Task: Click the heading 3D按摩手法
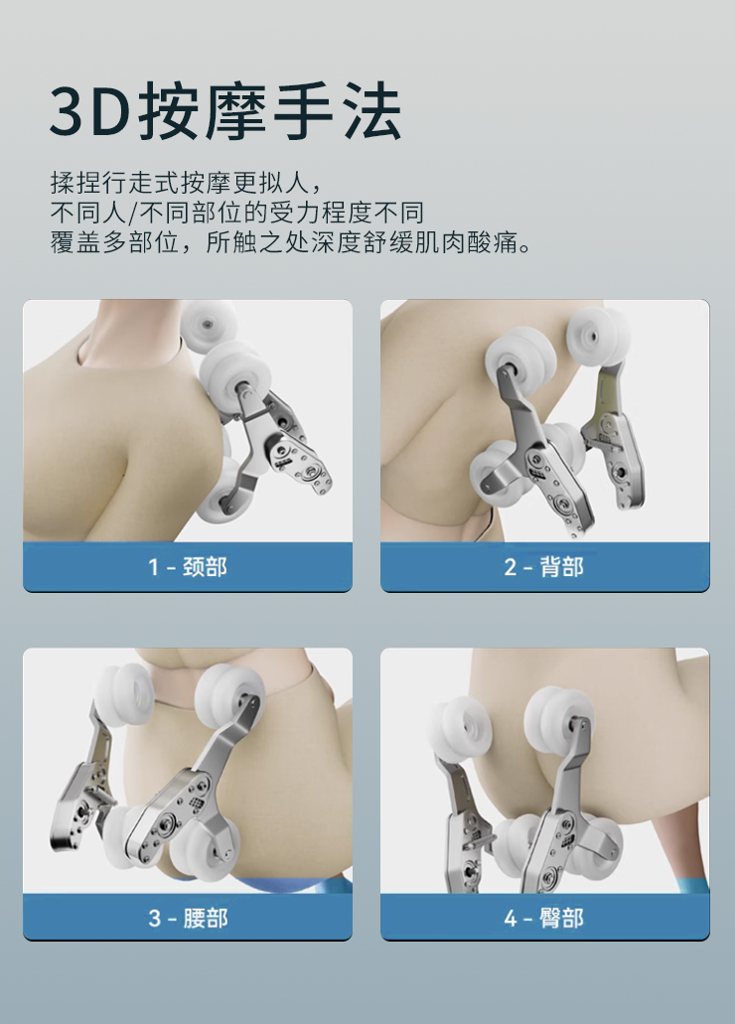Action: (225, 111)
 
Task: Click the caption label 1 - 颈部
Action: (188, 567)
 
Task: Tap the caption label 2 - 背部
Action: (544, 567)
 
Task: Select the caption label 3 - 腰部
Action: (188, 918)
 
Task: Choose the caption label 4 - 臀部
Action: (544, 918)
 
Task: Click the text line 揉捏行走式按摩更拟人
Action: (187, 182)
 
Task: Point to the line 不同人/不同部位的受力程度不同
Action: (237, 213)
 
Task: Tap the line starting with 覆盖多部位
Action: (291, 242)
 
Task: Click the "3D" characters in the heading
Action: (88, 112)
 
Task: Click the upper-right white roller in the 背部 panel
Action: (598, 339)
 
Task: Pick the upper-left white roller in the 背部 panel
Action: (520, 360)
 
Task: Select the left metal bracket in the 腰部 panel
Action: (83, 784)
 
